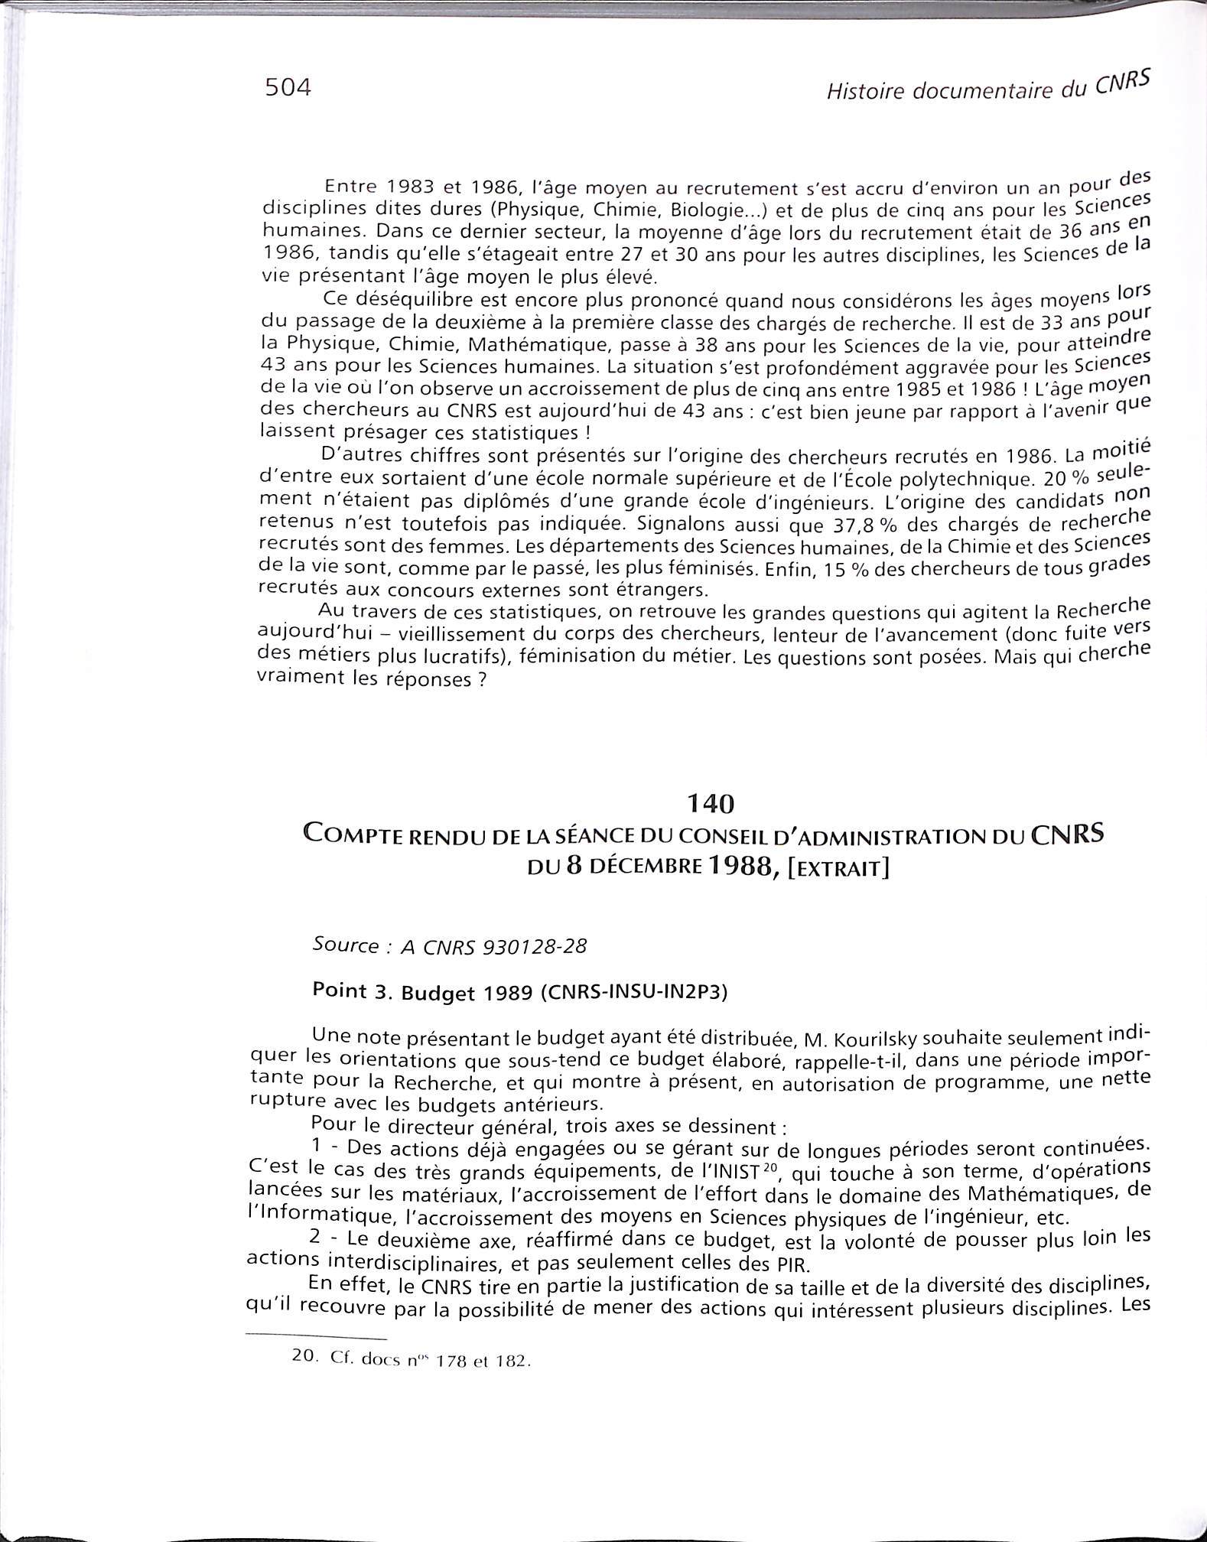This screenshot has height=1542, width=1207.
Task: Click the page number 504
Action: click(288, 88)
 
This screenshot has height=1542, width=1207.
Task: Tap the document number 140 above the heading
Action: click(711, 802)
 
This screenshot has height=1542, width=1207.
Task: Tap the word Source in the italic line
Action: click(346, 945)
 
